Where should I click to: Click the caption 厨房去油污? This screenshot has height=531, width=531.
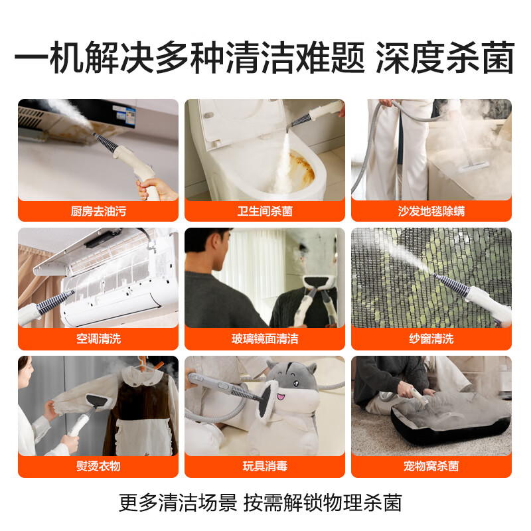(98, 211)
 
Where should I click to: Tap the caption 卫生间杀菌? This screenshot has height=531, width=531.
(265, 211)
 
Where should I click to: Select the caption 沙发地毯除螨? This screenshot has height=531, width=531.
(431, 211)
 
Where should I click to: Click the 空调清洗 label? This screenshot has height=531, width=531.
(98, 339)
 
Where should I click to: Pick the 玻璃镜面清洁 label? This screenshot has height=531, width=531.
(265, 339)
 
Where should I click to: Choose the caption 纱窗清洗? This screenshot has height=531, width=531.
(431, 339)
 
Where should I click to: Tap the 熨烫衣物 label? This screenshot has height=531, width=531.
(98, 466)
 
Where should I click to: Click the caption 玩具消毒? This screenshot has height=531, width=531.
(265, 466)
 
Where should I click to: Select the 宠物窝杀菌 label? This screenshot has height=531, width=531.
(431, 466)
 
